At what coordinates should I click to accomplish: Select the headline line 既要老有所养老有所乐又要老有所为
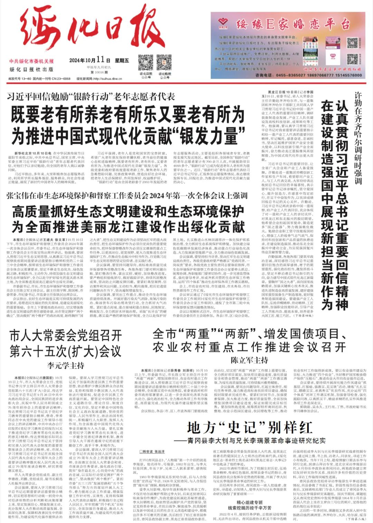coord(127,115)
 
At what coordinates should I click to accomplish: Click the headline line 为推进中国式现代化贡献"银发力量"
coord(128,135)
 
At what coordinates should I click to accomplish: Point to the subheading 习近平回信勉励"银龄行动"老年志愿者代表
coord(91,97)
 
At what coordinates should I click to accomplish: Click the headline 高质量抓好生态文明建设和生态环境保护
coord(128,211)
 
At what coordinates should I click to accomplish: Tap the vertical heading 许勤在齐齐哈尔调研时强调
coord(358,138)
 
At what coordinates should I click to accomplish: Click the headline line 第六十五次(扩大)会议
coord(65,352)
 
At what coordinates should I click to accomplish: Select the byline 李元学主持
coord(66,365)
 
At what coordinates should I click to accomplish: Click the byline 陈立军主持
coord(249,360)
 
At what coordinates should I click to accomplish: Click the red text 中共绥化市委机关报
coord(31,61)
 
